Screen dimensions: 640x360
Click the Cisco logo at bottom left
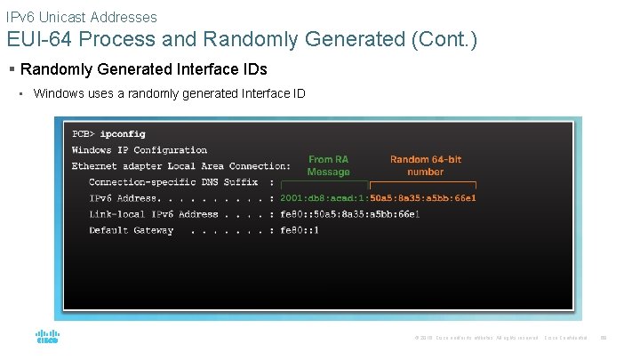pyautogui.click(x=46, y=337)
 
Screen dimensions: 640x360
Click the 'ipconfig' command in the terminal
pyautogui.click(x=123, y=134)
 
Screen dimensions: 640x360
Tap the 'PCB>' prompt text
pyautogui.click(x=84, y=134)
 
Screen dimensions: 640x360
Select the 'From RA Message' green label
pyautogui.click(x=328, y=165)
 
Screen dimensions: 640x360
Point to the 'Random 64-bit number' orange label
pyautogui.click(x=426, y=165)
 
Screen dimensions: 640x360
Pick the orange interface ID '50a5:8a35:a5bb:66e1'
pyautogui.click(x=423, y=197)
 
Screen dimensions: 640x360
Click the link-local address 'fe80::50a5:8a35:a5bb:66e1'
pyautogui.click(x=350, y=214)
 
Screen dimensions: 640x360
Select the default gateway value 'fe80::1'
pyautogui.click(x=300, y=230)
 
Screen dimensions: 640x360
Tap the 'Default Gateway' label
pyautogui.click(x=131, y=230)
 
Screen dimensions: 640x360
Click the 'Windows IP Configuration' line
pyautogui.click(x=140, y=150)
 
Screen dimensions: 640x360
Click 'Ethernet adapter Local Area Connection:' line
pyautogui.click(x=181, y=166)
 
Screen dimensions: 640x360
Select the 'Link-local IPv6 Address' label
pyautogui.click(x=154, y=214)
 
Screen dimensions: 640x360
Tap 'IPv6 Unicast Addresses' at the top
pyautogui.click(x=81, y=17)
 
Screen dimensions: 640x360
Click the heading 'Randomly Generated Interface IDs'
pyautogui.click(x=143, y=69)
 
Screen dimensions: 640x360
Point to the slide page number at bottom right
pyautogui.click(x=603, y=338)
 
